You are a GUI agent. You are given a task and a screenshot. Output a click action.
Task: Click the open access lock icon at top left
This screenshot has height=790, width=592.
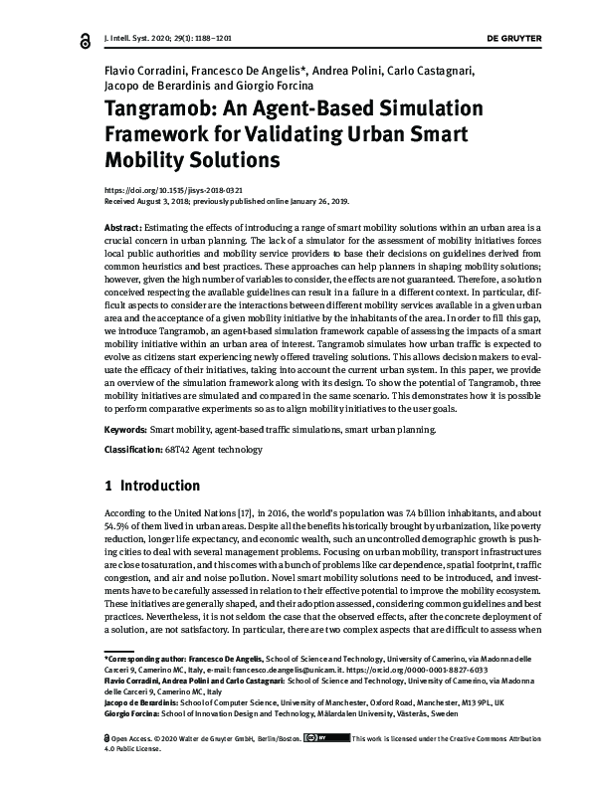point(85,38)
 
